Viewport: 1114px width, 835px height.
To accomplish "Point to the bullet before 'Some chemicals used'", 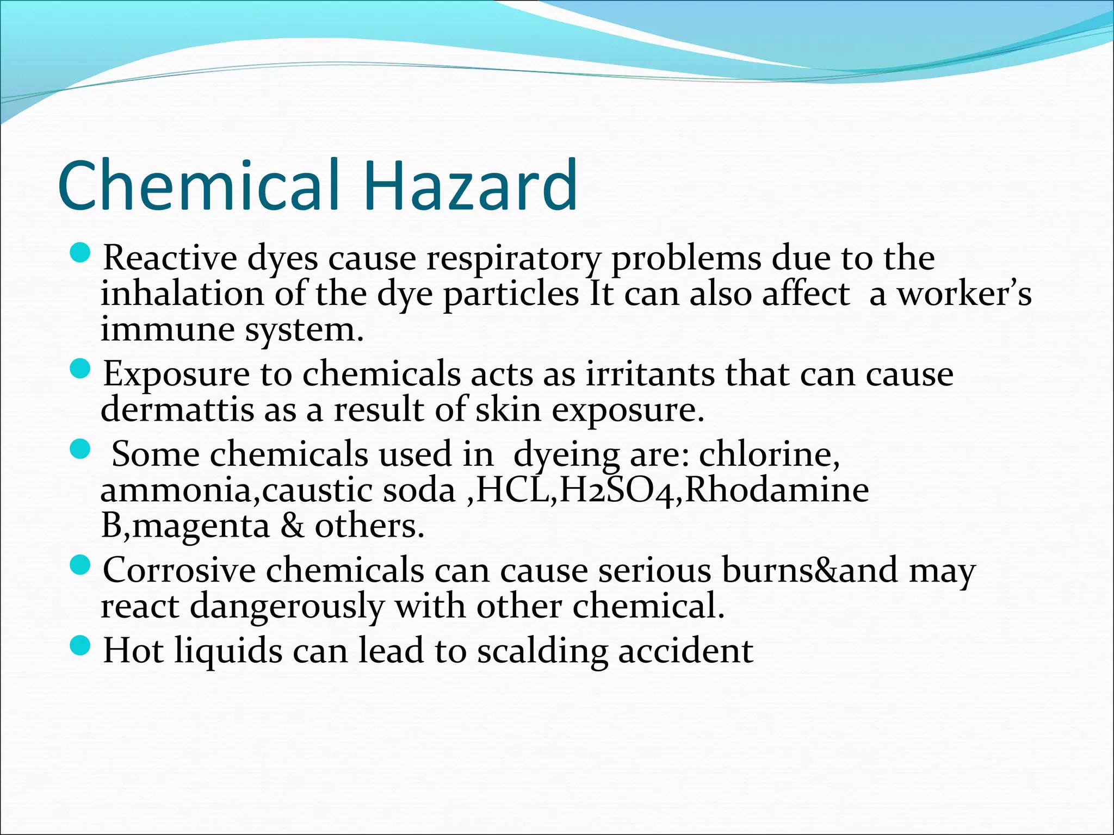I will click(x=80, y=449).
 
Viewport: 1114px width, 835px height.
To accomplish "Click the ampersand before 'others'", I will click(x=293, y=526).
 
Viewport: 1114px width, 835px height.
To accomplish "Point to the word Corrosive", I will click(x=180, y=570).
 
